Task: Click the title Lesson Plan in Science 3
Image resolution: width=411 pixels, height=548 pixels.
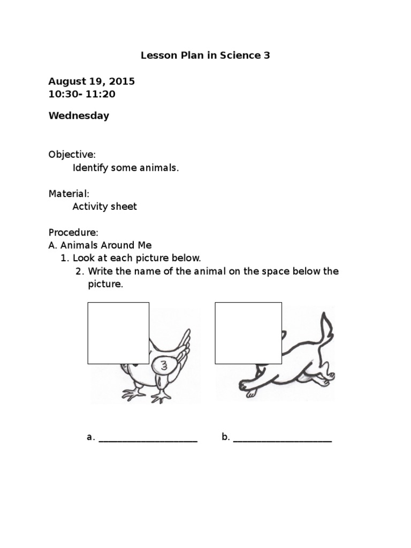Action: (205, 55)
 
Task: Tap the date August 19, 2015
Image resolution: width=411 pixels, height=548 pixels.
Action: (92, 81)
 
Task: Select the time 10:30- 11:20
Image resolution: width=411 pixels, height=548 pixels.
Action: (82, 94)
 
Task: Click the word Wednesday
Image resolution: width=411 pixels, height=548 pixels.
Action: (79, 116)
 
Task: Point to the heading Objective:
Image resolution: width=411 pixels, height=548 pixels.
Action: (72, 155)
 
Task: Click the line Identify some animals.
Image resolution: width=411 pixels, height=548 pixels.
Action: (126, 168)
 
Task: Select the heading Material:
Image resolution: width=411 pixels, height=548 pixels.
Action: (69, 193)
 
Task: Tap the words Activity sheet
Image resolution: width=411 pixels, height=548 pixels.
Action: (105, 207)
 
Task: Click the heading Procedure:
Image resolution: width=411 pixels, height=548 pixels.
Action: (74, 232)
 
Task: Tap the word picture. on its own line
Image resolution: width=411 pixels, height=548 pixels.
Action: (105, 284)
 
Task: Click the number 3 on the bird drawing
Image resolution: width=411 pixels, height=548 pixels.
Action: (164, 366)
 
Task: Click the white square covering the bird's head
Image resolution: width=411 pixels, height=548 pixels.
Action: (118, 333)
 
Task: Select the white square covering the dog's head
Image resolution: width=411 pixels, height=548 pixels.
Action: (248, 333)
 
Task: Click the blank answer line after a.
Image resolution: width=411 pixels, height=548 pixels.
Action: (148, 440)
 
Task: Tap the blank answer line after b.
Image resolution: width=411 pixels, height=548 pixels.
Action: (283, 440)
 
